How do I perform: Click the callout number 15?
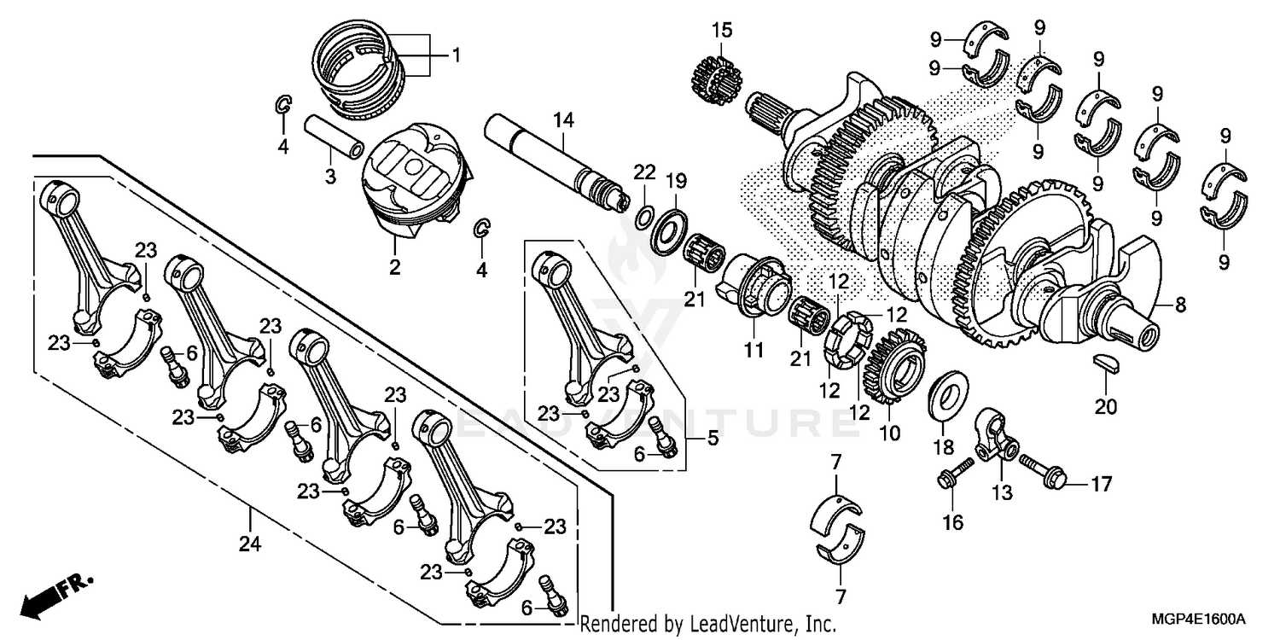tap(722, 31)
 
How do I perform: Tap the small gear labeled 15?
tap(713, 75)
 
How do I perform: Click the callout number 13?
tap(1001, 492)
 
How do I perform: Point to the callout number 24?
tap(250, 543)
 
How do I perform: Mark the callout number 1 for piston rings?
tap(456, 56)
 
